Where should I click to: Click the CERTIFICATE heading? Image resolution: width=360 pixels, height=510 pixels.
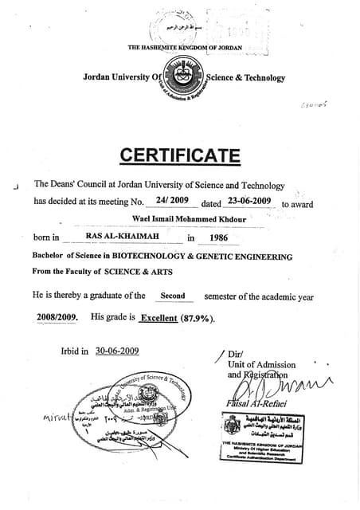[x=179, y=155]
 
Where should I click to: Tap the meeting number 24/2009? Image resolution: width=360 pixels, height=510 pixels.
[x=172, y=201]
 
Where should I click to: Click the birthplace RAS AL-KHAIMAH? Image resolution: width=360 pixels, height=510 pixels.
[x=123, y=237]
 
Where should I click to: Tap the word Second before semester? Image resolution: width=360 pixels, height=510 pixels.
[x=173, y=296]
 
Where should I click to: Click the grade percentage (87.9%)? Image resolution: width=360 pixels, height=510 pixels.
[x=201, y=318]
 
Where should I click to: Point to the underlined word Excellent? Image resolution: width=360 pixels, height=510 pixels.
[x=162, y=318]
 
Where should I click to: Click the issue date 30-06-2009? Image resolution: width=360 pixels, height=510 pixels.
[x=117, y=351]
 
